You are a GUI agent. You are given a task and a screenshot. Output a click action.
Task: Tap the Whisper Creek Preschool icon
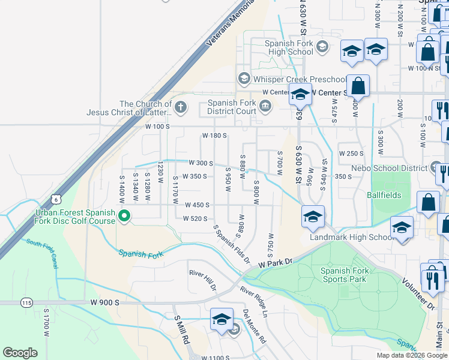coord(244,79)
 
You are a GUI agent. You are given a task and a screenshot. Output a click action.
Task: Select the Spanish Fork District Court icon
coord(265,107)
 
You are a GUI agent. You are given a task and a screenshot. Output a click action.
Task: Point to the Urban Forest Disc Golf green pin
coord(124,216)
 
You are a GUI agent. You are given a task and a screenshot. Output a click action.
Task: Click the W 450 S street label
coord(197,205)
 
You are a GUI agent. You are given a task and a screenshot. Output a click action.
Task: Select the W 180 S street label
coord(214,136)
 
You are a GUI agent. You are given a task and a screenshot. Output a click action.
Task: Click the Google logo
coord(20,353)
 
